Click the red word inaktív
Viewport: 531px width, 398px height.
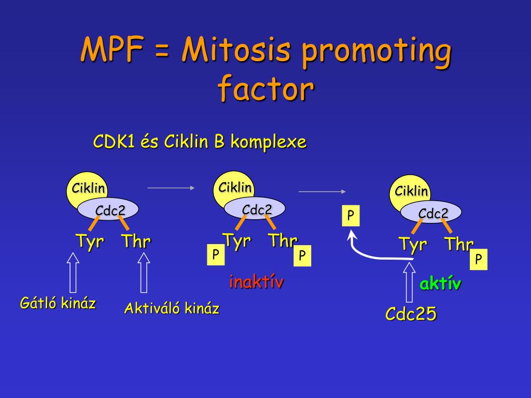click(x=256, y=282)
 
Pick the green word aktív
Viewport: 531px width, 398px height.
click(x=440, y=283)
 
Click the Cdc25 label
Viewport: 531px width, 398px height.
click(x=411, y=314)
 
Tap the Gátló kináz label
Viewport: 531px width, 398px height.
click(x=58, y=303)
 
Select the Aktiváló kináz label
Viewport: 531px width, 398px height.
click(x=172, y=309)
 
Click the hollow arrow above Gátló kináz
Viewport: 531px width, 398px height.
click(x=73, y=272)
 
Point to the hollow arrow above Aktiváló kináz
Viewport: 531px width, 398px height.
click(x=144, y=272)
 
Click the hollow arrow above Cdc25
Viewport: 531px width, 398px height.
click(x=409, y=282)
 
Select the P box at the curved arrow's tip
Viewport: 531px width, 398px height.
click(x=351, y=216)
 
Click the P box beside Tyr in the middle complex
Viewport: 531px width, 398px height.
click(x=216, y=254)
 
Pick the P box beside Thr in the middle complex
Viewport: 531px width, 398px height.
click(x=302, y=255)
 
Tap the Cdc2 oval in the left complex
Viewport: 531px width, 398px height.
click(x=109, y=210)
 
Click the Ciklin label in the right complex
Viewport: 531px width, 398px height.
click(x=411, y=191)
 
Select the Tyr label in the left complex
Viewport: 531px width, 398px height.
click(x=90, y=241)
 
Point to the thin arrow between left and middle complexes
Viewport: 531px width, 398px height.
click(x=171, y=188)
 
